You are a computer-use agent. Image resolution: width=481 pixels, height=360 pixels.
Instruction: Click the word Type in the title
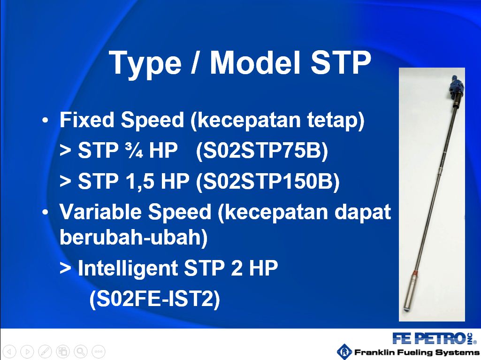pyautogui.click(x=145, y=63)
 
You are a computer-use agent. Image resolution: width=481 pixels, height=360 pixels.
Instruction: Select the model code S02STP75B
pyautogui.click(x=262, y=151)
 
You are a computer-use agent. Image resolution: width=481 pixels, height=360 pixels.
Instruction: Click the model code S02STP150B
pyautogui.click(x=268, y=181)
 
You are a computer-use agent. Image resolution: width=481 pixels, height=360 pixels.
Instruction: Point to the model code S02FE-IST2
pyautogui.click(x=155, y=299)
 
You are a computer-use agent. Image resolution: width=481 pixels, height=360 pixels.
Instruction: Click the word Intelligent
pyautogui.click(x=128, y=268)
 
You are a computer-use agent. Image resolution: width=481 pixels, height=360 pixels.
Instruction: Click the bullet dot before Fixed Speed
pyautogui.click(x=45, y=121)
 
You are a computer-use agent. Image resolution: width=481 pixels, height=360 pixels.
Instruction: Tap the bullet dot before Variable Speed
pyautogui.click(x=45, y=212)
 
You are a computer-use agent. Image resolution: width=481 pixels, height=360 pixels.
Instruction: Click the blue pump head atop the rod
pyautogui.click(x=456, y=87)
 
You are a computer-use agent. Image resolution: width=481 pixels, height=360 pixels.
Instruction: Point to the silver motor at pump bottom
pyautogui.click(x=411, y=293)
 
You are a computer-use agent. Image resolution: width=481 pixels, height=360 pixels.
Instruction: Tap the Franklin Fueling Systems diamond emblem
pyautogui.click(x=344, y=352)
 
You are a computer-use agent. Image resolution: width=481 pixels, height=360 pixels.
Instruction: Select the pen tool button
pyautogui.click(x=45, y=352)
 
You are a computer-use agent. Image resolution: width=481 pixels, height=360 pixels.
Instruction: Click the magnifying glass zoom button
pyautogui.click(x=80, y=352)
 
